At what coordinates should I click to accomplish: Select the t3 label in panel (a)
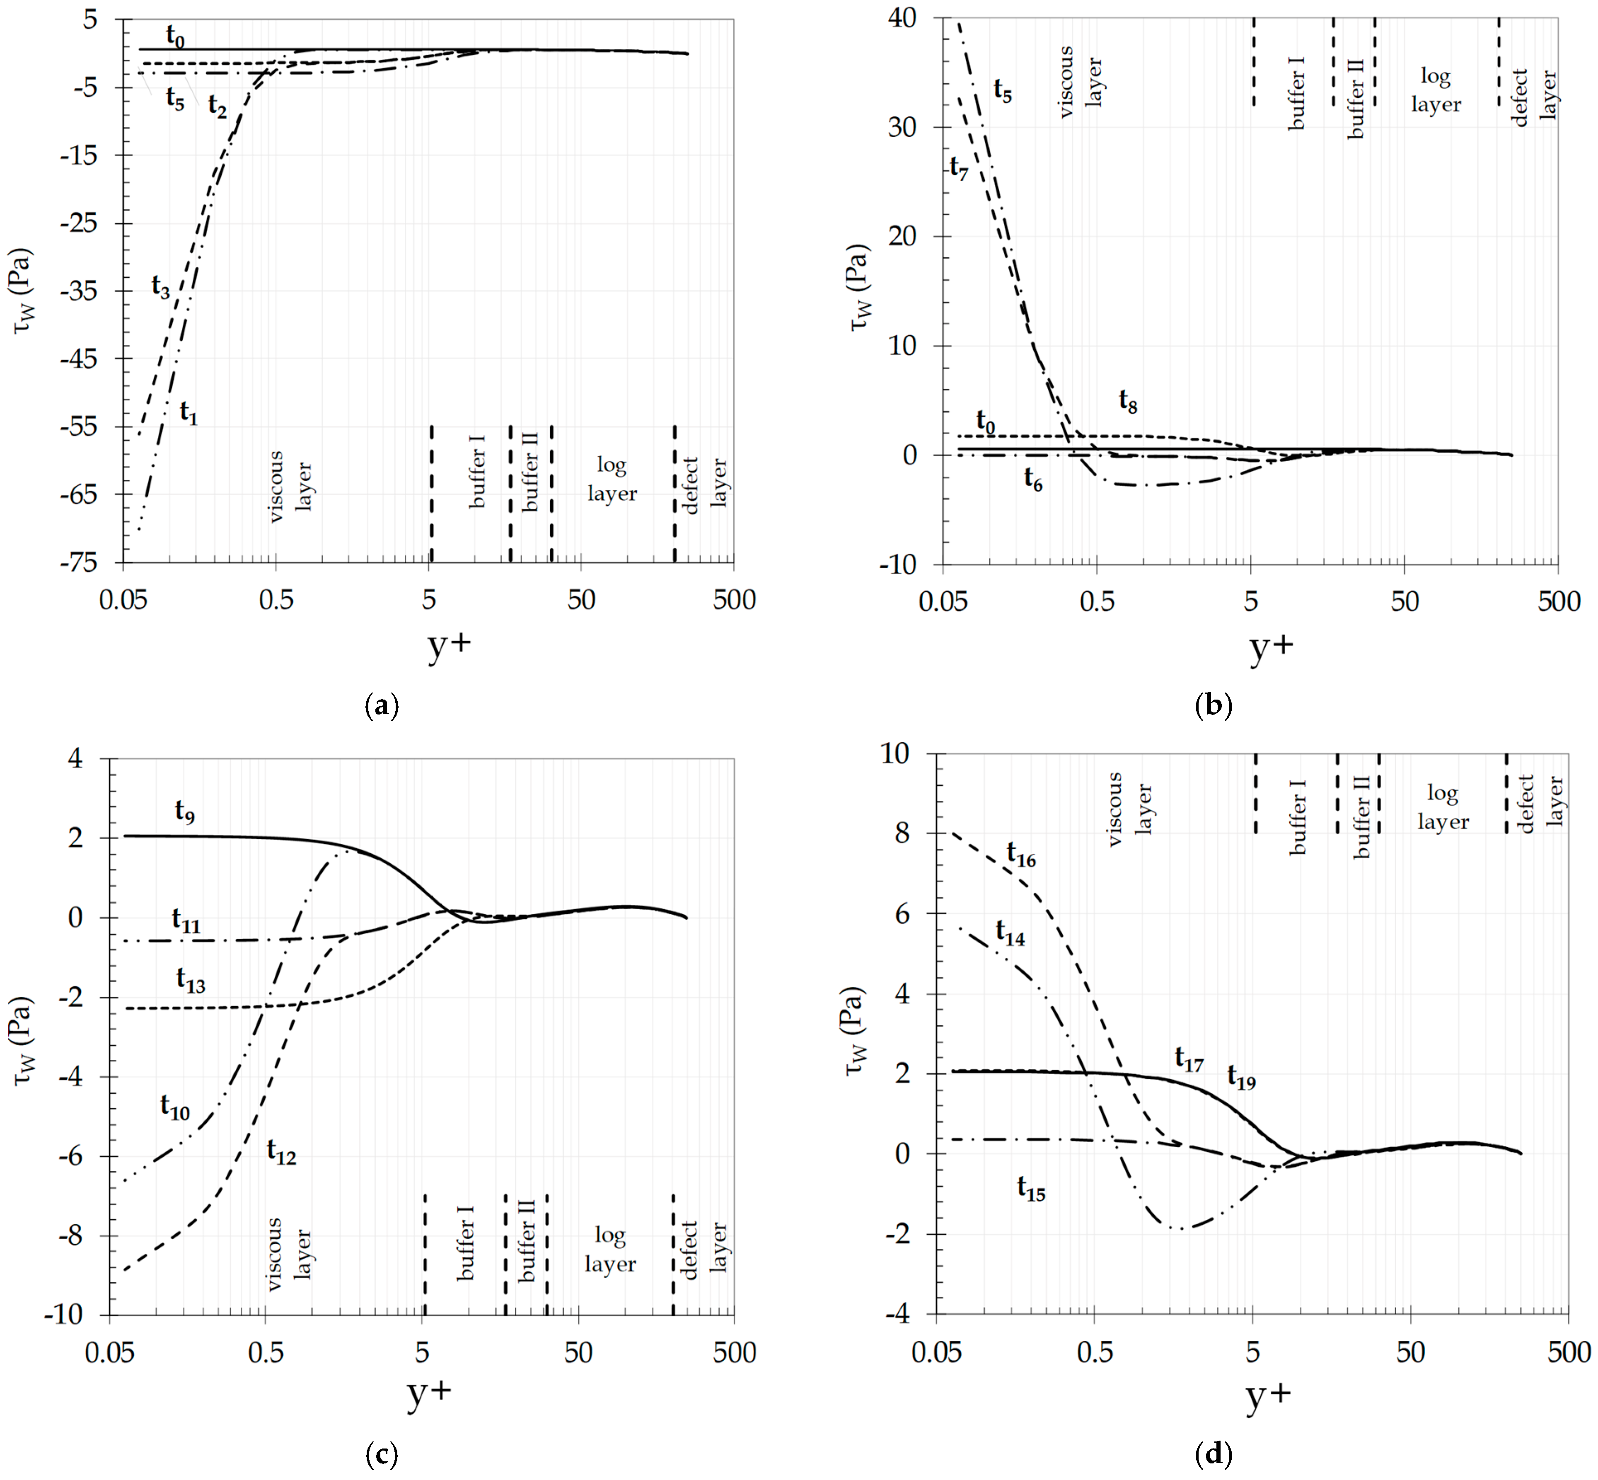coord(160,287)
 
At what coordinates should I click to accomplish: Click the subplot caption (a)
coord(381,705)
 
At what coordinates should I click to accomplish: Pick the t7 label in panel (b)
coord(958,168)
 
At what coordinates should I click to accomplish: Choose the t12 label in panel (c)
coord(281,1153)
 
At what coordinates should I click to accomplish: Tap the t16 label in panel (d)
coord(1021,855)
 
